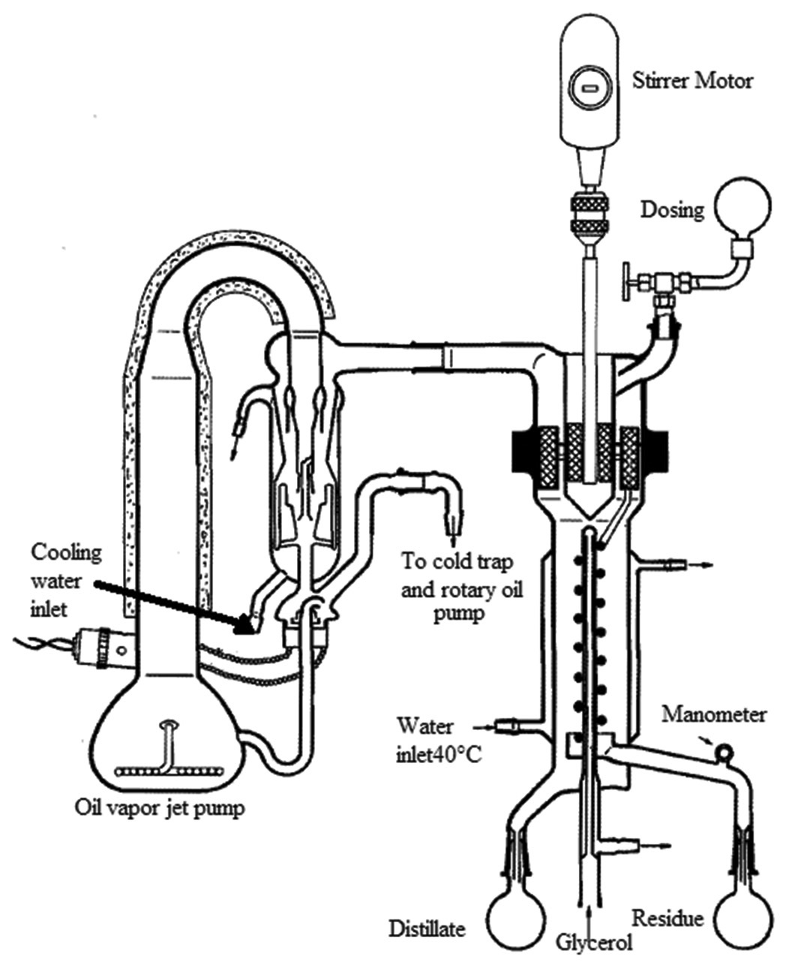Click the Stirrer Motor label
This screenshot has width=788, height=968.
pos(692,80)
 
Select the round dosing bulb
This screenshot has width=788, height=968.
pos(744,209)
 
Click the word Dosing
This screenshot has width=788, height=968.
pos(673,209)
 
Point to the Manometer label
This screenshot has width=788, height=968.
pos(714,714)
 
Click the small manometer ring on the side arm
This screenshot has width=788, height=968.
pos(725,750)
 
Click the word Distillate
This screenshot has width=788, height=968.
pos(427,928)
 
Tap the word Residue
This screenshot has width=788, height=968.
pos(667,918)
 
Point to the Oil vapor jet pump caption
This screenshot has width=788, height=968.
pos(160,809)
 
